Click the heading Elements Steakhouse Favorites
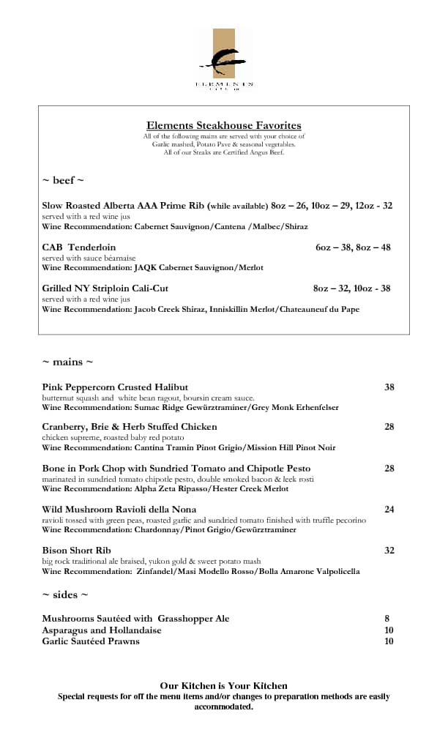pyautogui.click(x=223, y=125)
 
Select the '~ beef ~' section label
pyautogui.click(x=63, y=180)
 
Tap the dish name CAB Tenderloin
pyautogui.click(x=78, y=247)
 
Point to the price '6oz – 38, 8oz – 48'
pyautogui.click(x=353, y=247)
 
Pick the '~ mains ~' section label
pyautogui.click(x=67, y=362)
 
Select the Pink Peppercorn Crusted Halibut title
pyautogui.click(x=115, y=387)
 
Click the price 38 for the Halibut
pyautogui.click(x=389, y=387)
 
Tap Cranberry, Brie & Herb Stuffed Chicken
pyautogui.click(x=130, y=427)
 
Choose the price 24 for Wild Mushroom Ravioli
pyautogui.click(x=389, y=510)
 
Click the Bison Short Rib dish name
pyautogui.click(x=76, y=551)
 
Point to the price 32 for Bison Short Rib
pyautogui.click(x=389, y=551)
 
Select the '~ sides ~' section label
pyautogui.click(x=65, y=594)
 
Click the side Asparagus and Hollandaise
pyautogui.click(x=102, y=630)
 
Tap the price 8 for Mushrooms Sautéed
pyautogui.click(x=387, y=619)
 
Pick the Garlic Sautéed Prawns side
pyautogui.click(x=91, y=641)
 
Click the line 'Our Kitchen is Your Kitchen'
pyautogui.click(x=223, y=686)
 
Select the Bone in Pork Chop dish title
pyautogui.click(x=176, y=469)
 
